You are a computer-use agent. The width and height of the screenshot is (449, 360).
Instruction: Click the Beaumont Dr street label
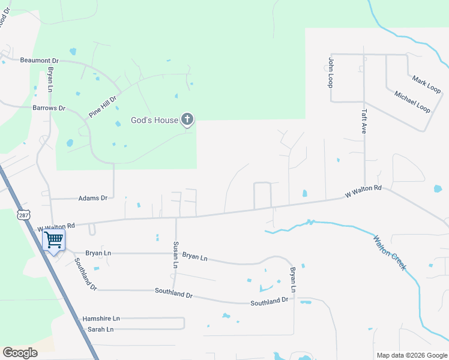click(39, 61)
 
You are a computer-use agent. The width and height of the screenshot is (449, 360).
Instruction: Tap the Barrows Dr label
click(49, 108)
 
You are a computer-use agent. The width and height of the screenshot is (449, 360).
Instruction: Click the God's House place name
click(154, 120)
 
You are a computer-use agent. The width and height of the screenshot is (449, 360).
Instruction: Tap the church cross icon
click(187, 119)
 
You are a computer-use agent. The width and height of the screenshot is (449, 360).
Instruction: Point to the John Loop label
click(330, 72)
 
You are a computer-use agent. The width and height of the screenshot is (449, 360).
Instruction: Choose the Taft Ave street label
click(364, 121)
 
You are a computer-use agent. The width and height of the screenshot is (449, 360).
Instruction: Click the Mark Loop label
click(426, 85)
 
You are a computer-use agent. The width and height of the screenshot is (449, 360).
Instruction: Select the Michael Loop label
click(412, 102)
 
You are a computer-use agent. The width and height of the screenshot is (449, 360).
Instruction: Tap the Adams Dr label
click(92, 197)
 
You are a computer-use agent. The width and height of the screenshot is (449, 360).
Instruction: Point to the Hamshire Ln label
click(101, 319)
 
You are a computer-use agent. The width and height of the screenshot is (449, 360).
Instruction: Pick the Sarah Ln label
click(101, 329)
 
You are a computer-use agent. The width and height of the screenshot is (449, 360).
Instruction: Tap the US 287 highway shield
click(23, 215)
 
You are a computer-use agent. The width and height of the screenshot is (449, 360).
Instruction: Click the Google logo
click(20, 353)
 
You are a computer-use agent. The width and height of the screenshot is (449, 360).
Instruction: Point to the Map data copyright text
click(412, 355)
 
